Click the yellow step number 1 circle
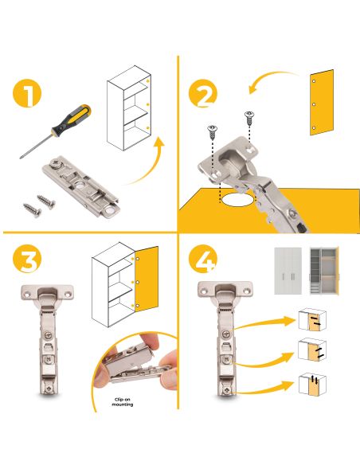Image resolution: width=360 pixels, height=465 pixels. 27,93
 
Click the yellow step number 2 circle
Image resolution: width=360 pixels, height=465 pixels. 203,93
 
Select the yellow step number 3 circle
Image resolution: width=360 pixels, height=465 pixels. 27,259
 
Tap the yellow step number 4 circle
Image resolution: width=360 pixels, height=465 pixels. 203,259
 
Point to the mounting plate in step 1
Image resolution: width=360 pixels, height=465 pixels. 81,187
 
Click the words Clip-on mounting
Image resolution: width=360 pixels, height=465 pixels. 122,402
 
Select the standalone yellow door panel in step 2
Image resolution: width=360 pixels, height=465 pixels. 322,102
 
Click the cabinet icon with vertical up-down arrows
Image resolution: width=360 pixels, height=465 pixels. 312,385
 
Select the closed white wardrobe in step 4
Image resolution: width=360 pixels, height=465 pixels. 288,271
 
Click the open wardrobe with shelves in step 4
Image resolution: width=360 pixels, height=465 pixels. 324,271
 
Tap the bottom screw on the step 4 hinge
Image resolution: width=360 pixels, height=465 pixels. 227,389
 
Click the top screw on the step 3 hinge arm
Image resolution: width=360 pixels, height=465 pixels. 48,335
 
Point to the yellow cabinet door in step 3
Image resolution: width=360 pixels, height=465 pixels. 147,279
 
